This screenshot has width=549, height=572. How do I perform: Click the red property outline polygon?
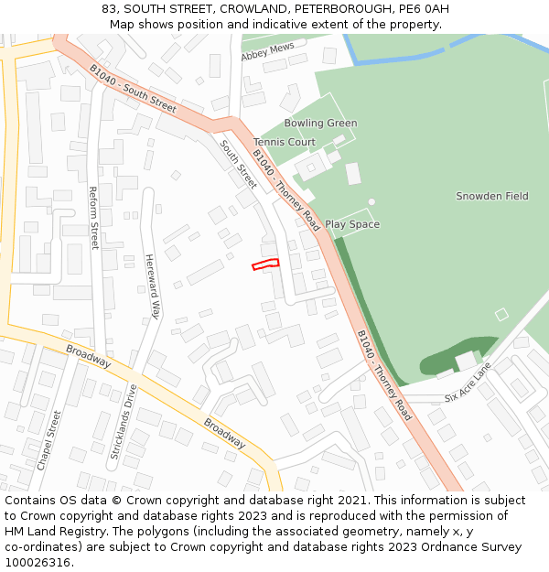pos(265,264)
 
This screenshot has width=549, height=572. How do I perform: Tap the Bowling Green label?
pos(320,124)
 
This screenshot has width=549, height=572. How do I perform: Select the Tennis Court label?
pos(285,143)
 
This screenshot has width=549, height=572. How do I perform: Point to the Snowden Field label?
pos(492,197)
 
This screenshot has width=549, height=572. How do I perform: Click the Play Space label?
pos(352,225)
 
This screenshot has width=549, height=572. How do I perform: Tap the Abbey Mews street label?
pos(267,51)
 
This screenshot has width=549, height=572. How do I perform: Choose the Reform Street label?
pos(93,218)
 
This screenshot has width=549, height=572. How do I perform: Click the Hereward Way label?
pos(152,286)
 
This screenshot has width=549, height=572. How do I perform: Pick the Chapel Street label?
pos(48,439)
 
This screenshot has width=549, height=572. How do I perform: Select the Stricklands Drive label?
pos(123,422)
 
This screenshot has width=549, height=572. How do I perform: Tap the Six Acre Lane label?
pos(468,383)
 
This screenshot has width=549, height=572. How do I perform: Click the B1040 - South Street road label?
pos(133,88)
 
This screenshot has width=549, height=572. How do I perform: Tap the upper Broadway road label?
pos(89,357)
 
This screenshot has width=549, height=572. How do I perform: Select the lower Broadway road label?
pos(224,433)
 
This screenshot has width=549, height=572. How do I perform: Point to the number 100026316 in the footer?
pos(38,563)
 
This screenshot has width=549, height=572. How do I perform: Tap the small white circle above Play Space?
pos(371,201)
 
